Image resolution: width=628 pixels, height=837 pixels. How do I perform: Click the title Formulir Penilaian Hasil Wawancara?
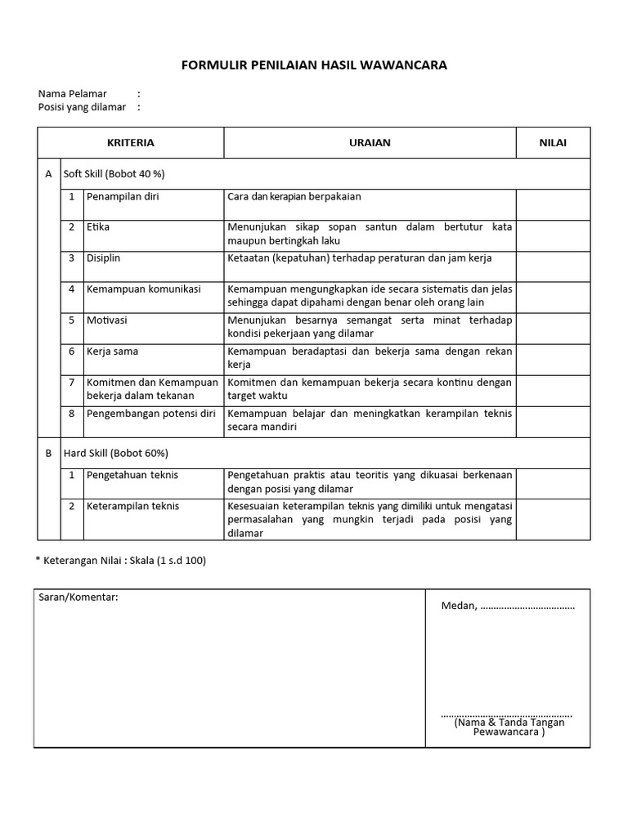coord(314,65)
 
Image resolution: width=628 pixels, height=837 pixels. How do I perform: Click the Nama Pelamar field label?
coord(73,93)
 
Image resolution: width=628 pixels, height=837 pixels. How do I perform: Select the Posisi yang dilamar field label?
coord(83,107)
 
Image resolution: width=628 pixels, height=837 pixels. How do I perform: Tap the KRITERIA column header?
coord(131,143)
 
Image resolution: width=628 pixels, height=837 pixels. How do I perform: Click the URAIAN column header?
coord(370,143)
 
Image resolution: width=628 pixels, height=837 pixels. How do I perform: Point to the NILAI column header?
coord(553,143)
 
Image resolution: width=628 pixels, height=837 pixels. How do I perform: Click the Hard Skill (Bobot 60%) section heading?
coord(115,453)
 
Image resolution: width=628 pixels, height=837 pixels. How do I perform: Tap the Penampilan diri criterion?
coord(123,197)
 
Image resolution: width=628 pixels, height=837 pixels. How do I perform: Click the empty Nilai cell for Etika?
coord(553,235)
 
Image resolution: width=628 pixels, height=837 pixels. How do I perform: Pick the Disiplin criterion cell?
coord(104,258)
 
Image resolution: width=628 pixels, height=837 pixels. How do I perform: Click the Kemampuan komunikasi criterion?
coord(144,289)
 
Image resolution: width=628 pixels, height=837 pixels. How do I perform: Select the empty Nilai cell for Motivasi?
coord(553,328)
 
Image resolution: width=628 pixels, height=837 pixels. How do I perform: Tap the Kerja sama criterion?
coord(113,351)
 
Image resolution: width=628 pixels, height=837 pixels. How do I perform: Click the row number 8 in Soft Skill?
coord(72,414)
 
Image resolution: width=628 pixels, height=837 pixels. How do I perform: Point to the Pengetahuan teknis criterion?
coord(132,475)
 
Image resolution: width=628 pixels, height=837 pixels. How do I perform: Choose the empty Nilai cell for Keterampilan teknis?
coord(553,520)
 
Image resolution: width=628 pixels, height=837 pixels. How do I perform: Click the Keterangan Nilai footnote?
coord(120,561)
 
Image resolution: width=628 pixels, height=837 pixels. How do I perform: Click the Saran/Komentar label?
coord(78,598)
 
